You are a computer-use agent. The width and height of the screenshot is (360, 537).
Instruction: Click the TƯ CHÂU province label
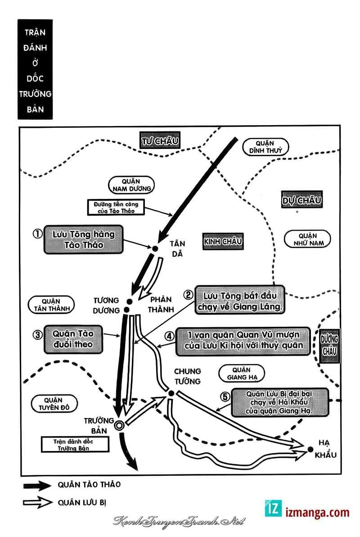tap(160, 141)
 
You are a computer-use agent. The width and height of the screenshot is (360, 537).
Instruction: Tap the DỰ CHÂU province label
tap(302, 200)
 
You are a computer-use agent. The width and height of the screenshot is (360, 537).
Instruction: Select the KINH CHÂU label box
tap(223, 241)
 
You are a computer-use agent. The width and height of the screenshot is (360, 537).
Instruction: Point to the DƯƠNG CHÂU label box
tap(329, 345)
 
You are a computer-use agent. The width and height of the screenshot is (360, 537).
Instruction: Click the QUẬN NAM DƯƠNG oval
tap(131, 185)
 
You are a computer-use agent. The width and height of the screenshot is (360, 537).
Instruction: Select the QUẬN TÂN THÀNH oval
tap(51, 305)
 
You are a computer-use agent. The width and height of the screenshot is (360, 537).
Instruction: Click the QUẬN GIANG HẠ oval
tap(242, 373)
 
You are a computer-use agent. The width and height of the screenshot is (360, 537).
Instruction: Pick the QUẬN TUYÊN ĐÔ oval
tap(54, 404)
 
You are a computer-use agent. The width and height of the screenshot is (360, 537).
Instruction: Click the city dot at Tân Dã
tap(155, 248)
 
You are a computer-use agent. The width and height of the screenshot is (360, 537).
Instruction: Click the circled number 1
tap(37, 234)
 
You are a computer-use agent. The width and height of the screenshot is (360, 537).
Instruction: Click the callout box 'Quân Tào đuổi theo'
tap(73, 339)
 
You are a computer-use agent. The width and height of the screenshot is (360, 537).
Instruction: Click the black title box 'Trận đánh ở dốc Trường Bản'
tap(35, 69)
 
